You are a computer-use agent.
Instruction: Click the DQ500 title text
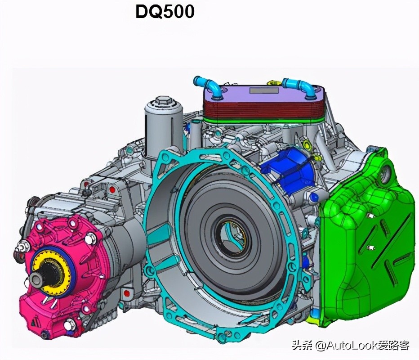165,12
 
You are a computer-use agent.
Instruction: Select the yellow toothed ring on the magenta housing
51,270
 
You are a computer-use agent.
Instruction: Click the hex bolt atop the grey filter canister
163,101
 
